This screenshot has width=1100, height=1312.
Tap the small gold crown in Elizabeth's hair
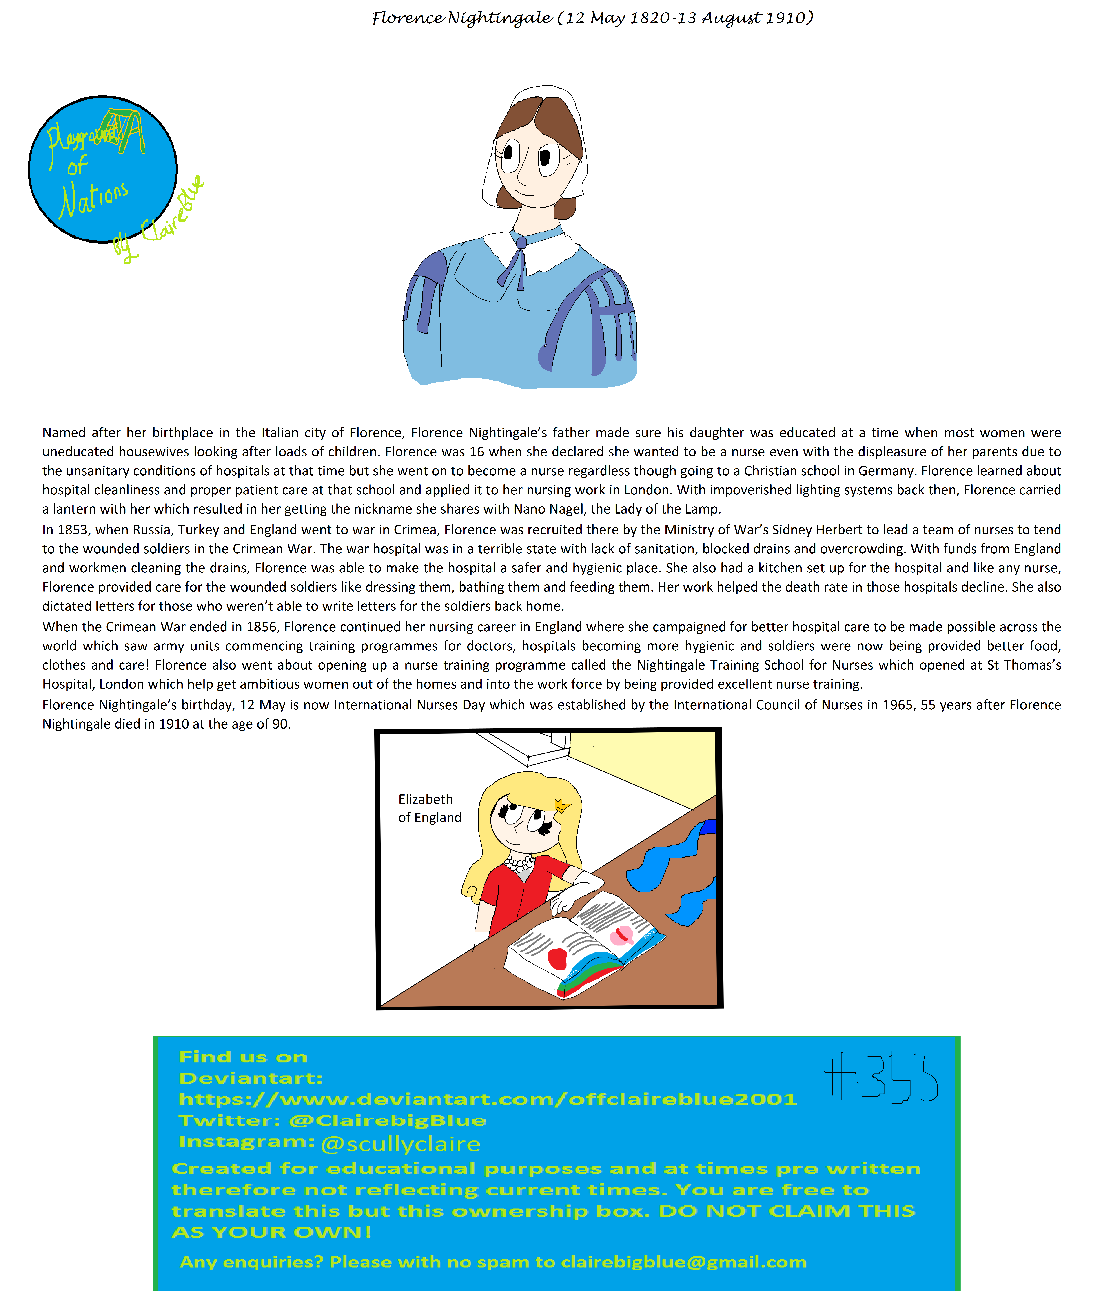562,805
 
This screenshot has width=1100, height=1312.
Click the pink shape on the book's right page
621,935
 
